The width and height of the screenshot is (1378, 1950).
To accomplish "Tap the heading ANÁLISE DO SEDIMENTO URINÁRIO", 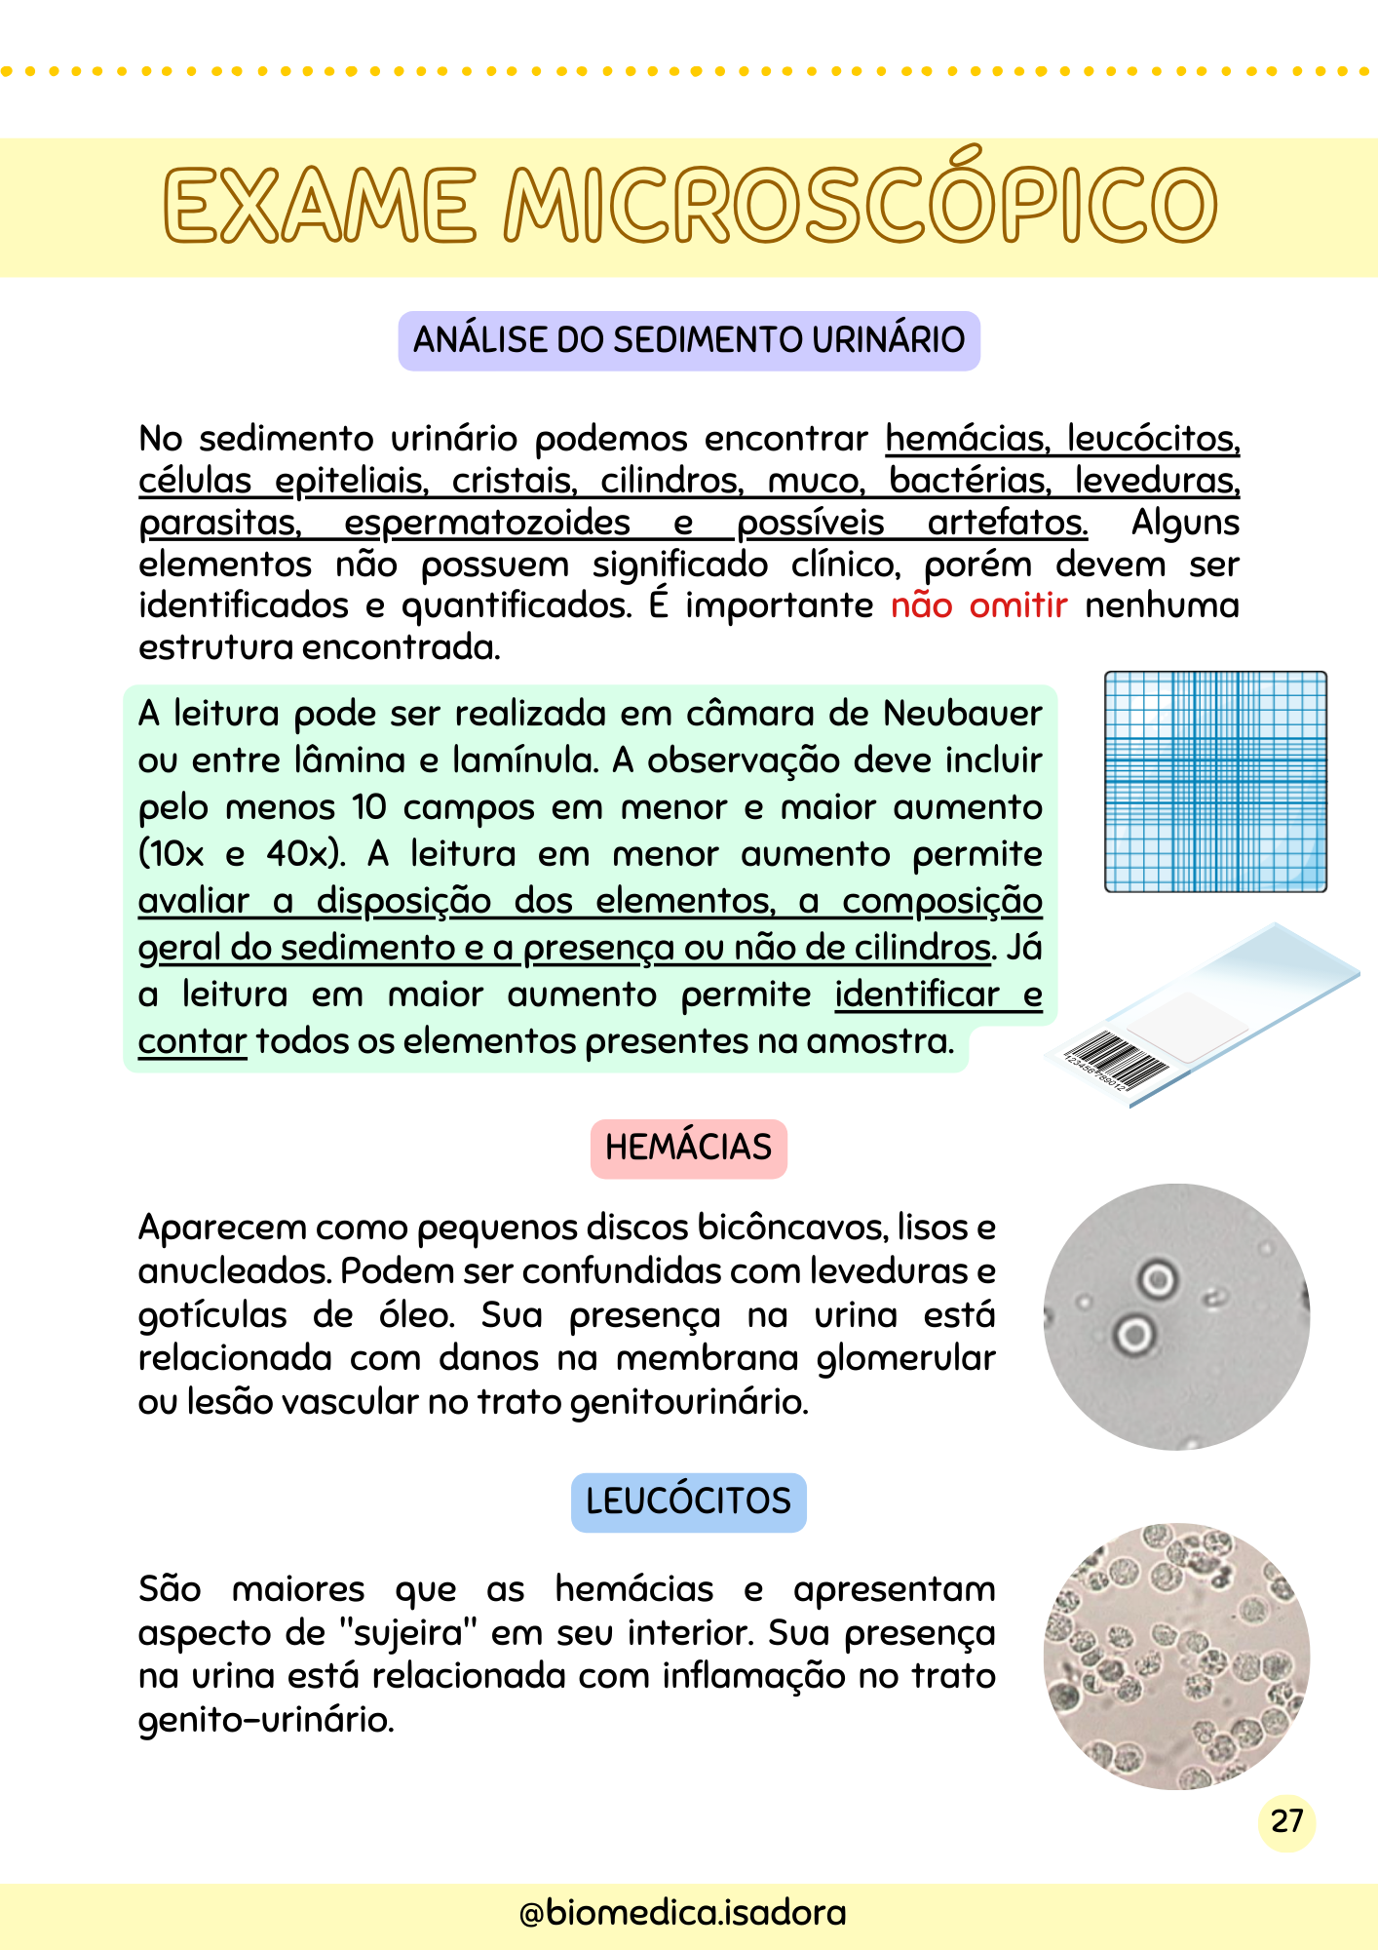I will click(x=689, y=340).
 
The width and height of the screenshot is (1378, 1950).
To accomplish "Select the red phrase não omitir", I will click(x=978, y=605).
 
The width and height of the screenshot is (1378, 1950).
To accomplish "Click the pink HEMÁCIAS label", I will click(x=688, y=1148).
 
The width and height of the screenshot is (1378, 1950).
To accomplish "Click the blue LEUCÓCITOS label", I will click(x=688, y=1501).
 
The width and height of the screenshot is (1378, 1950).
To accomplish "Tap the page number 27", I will click(x=1286, y=1820).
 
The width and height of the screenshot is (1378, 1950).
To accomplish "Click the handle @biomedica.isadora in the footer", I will click(x=682, y=1913).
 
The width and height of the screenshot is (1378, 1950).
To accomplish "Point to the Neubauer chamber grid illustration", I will click(x=1215, y=781).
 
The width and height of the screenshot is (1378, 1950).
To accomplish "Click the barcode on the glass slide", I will click(x=1115, y=1063).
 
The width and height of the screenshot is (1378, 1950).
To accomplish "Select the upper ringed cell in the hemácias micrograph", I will click(x=1158, y=1278).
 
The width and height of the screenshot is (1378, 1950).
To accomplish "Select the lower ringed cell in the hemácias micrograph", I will click(x=1133, y=1334).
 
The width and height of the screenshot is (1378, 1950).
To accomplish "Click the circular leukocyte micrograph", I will click(x=1176, y=1656).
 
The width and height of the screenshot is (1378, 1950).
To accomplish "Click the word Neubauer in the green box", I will click(x=962, y=714).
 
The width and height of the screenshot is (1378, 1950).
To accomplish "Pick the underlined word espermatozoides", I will click(x=486, y=523).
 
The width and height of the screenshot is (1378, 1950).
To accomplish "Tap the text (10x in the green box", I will click(x=172, y=854).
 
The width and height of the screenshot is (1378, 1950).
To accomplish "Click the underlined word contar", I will click(x=192, y=1041).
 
